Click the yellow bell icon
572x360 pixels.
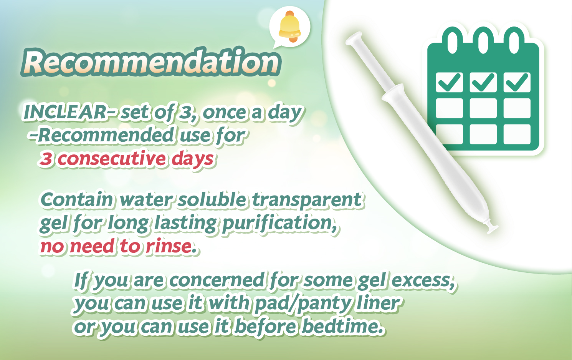289,27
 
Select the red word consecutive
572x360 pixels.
112,158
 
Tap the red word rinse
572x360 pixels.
169,246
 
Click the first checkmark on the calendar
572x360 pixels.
450,82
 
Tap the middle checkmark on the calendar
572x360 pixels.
483,82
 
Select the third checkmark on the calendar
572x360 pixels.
517,82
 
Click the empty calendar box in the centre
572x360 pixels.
483,108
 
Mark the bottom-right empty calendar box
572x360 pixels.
517,134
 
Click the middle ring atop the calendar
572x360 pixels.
483,40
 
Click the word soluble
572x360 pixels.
212,199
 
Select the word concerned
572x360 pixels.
217,280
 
